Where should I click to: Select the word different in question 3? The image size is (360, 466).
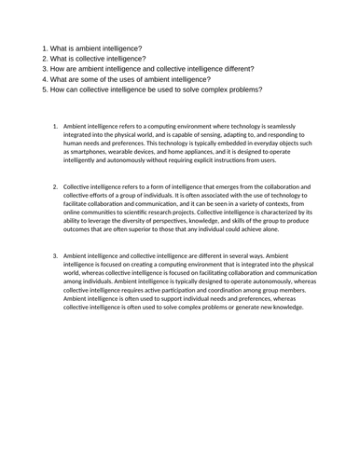click(x=250, y=69)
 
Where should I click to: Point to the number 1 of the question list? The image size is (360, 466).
click(x=45, y=47)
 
